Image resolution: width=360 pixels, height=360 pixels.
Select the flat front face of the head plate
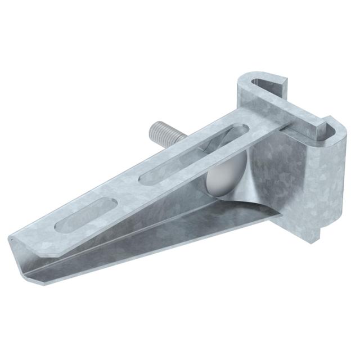(281, 180)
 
